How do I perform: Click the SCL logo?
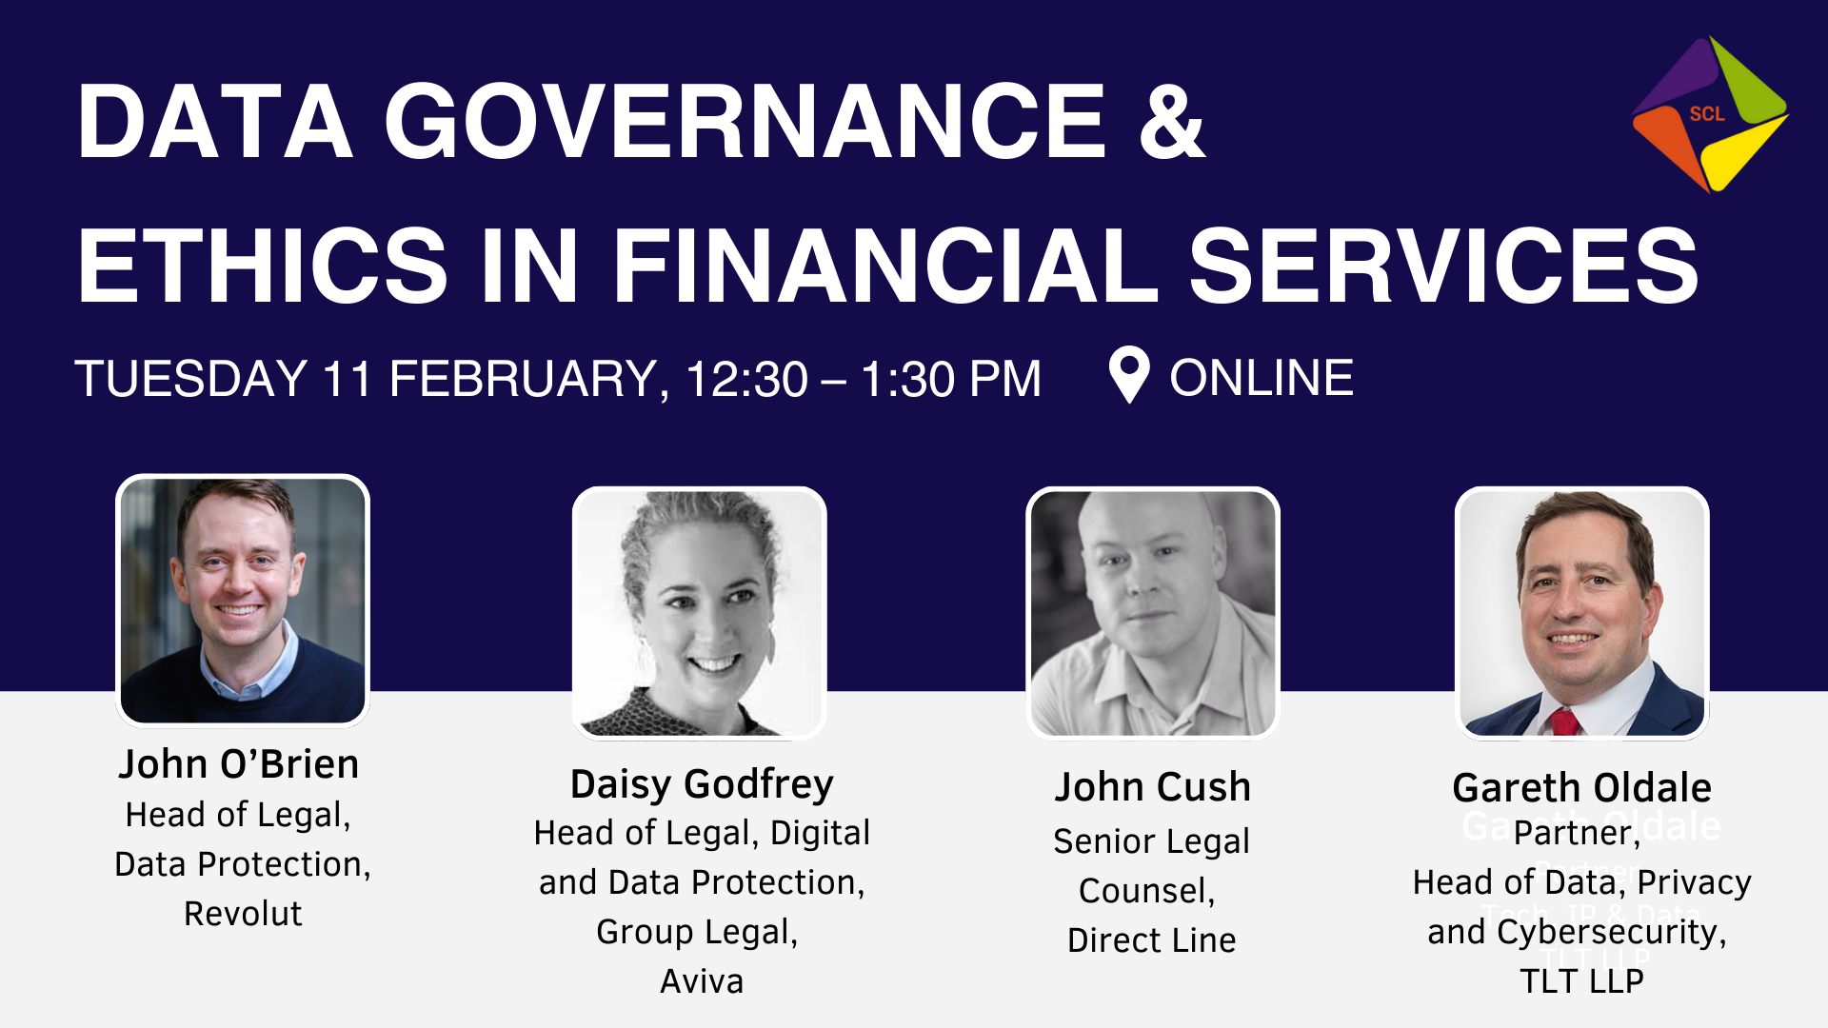(1710, 114)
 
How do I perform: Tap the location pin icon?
(1129, 375)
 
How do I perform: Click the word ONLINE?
(1262, 378)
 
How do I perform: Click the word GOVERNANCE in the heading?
(745, 122)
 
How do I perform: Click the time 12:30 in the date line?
(747, 379)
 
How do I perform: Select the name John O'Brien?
(239, 764)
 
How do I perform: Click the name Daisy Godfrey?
(702, 784)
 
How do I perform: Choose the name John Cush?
(1152, 787)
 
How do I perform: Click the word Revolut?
(243, 914)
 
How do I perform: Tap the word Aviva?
(702, 981)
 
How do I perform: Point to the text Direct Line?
(1152, 940)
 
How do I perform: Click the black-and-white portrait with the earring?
(700, 613)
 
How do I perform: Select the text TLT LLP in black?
(1582, 981)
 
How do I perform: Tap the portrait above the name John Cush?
(1153, 613)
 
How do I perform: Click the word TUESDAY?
(190, 379)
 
